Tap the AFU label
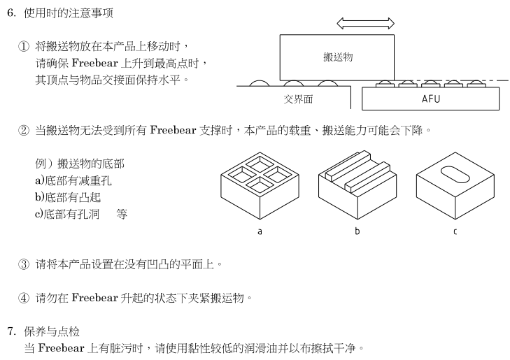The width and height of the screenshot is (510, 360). [431, 99]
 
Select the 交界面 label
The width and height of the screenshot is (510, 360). [298, 99]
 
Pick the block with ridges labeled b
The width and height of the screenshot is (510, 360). [357, 185]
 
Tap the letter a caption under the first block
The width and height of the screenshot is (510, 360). [260, 231]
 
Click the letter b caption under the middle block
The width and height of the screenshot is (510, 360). [357, 231]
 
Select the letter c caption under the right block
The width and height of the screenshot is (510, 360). [455, 231]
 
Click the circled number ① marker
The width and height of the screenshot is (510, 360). [24, 47]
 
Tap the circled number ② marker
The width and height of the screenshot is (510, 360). [24, 130]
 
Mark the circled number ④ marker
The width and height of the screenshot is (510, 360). [24, 298]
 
